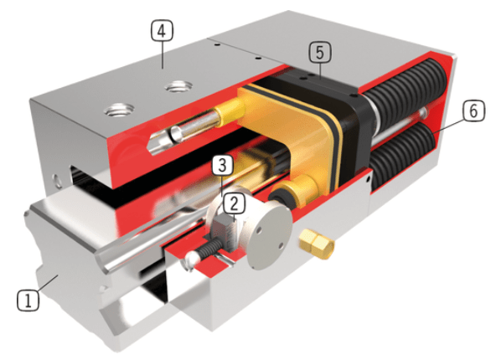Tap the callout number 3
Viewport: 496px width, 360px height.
click(x=220, y=162)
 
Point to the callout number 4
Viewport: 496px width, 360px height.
click(x=161, y=31)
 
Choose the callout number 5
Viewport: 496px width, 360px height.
click(x=318, y=52)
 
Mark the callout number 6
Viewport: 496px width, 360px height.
click(x=473, y=110)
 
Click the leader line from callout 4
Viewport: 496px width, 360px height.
click(x=161, y=54)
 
